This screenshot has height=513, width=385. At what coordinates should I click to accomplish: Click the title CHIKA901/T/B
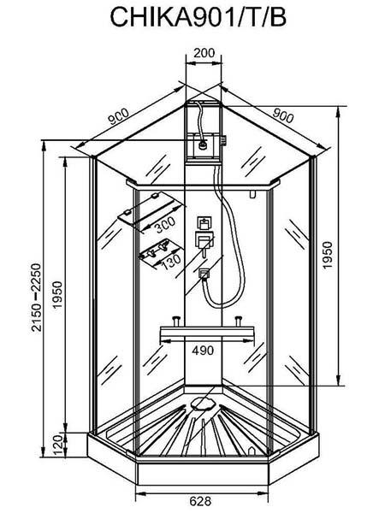pyautogui.click(x=198, y=17)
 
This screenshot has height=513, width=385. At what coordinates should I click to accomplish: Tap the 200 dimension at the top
pyautogui.click(x=204, y=53)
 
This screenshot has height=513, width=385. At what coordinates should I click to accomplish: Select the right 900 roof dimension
pyautogui.click(x=283, y=115)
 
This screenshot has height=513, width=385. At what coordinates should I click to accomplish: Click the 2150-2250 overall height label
pyautogui.click(x=36, y=298)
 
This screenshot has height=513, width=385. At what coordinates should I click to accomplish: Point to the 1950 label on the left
pyautogui.click(x=57, y=294)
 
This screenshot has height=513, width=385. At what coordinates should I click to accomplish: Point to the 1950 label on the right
pyautogui.click(x=328, y=255)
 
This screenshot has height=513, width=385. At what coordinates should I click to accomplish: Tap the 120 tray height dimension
pyautogui.click(x=57, y=445)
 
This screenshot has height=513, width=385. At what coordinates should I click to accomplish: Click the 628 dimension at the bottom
pyautogui.click(x=200, y=500)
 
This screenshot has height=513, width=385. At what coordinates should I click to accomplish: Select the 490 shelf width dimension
pyautogui.click(x=203, y=351)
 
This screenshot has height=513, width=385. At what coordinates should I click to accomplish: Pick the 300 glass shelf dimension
pyautogui.click(x=165, y=225)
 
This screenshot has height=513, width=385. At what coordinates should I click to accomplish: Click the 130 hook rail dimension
pyautogui.click(x=171, y=262)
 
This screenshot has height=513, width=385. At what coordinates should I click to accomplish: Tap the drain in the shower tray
pyautogui.click(x=204, y=403)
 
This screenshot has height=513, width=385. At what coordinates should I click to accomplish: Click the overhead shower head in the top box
pyautogui.click(x=203, y=144)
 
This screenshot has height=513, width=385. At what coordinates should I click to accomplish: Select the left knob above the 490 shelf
pyautogui.click(x=177, y=321)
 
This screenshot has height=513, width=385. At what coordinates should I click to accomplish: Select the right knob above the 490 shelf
pyautogui.click(x=238, y=321)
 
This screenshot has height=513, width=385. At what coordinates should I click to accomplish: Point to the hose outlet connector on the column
pyautogui.click(x=204, y=274)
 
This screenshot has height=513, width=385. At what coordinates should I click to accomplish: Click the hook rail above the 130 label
pyautogui.click(x=157, y=250)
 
